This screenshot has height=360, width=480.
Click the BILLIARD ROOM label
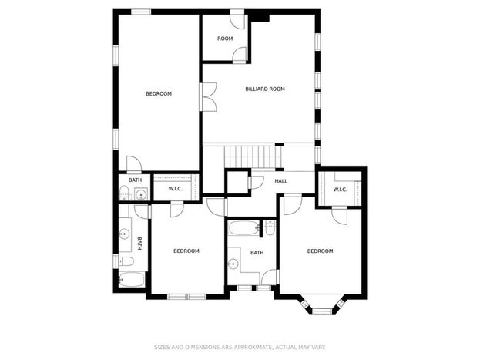[x=265, y=89]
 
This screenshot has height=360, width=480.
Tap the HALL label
[x=281, y=181]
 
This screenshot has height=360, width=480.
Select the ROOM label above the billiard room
[x=225, y=39]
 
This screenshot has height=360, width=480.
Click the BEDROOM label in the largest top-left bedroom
[x=159, y=94]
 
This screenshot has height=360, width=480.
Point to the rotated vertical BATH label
[x=139, y=244]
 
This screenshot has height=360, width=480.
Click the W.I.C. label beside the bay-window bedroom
[x=340, y=190]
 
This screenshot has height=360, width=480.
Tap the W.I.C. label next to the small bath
[x=176, y=189]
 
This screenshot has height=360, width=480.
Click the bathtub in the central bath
[x=244, y=228]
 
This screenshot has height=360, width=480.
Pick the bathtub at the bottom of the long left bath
[x=131, y=280]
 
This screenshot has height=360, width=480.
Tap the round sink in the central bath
[x=233, y=263]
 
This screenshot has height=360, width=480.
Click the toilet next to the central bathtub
[x=270, y=228]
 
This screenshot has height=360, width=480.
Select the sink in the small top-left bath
[x=141, y=194]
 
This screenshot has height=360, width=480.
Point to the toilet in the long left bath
[x=126, y=261]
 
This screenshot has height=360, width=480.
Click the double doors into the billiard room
[x=209, y=96]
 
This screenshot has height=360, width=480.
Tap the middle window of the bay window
[x=322, y=311]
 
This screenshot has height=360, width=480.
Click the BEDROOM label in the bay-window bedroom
[x=321, y=251]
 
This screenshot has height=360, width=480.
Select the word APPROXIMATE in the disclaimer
[x=253, y=347]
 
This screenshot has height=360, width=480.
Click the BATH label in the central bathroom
[x=257, y=253]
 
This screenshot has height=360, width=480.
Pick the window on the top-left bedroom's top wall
[x=141, y=12]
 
